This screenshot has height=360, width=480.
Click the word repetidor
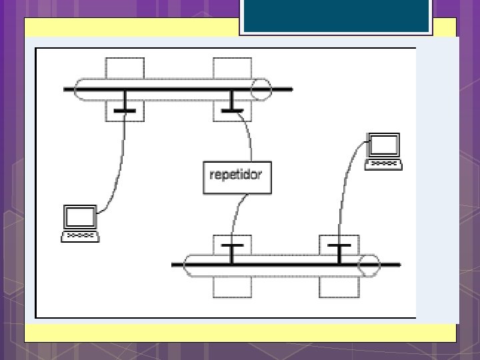pyautogui.click(x=237, y=176)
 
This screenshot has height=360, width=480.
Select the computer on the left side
pyautogui.click(x=80, y=223)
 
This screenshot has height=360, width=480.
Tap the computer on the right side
pyautogui.click(x=383, y=151)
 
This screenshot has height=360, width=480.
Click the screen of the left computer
pyautogui.click(x=80, y=217)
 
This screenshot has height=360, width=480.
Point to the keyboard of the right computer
pyautogui.click(x=383, y=163)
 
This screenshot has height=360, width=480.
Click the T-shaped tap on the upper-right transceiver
pyautogui.click(x=231, y=105)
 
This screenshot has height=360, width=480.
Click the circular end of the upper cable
pyautogui.click(x=261, y=89)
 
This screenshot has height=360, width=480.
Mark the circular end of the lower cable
pyautogui.click(x=369, y=265)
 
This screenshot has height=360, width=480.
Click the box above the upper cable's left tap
pyautogui.click(x=124, y=68)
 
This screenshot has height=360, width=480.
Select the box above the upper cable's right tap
pyautogui.click(x=232, y=68)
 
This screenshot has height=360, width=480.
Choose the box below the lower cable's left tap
pyautogui.click(x=232, y=286)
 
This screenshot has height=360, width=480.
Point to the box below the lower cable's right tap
pyautogui.click(x=339, y=286)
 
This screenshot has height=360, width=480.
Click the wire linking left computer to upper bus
pyautogui.click(x=120, y=167)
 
